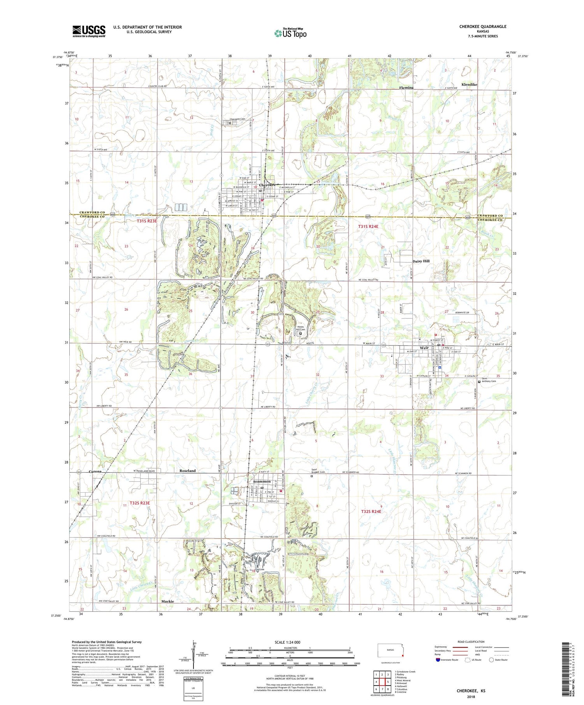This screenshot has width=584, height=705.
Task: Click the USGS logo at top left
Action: [89, 31]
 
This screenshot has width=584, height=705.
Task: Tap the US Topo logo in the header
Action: [290, 33]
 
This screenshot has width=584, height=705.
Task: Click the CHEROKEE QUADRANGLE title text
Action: [482, 26]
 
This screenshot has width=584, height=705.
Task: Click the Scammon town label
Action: [262, 481]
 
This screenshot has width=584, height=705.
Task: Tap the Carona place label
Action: [95, 471]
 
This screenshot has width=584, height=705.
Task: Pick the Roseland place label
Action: [188, 471]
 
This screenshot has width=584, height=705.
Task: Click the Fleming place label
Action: [406, 88]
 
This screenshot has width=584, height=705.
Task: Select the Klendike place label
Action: [469, 84]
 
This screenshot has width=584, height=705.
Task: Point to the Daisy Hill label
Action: [421, 261]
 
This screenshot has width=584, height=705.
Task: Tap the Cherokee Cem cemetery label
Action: [237, 119]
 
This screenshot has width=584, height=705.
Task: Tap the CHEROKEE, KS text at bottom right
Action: [471, 691]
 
